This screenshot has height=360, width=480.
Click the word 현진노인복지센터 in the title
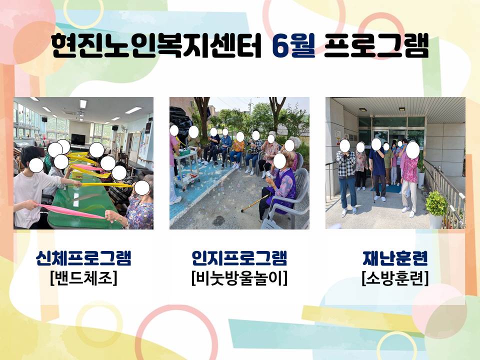click(156, 46)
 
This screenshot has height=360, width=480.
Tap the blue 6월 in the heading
click(294, 46)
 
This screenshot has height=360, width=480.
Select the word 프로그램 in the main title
click(376, 46)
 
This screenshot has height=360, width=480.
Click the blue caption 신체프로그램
click(83, 258)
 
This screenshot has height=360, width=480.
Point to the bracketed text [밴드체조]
click(83, 278)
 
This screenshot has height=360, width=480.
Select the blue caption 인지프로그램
click(239, 258)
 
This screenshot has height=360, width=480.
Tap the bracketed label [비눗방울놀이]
click(239, 278)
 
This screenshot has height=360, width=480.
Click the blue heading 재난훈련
click(395, 258)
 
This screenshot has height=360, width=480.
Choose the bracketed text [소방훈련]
click(395, 278)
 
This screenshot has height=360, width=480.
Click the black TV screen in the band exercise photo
click(78, 139)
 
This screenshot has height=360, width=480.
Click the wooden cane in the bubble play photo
click(255, 203)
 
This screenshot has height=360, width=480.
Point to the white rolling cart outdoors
click(186, 168)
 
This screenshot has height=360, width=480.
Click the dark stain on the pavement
click(218, 220)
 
